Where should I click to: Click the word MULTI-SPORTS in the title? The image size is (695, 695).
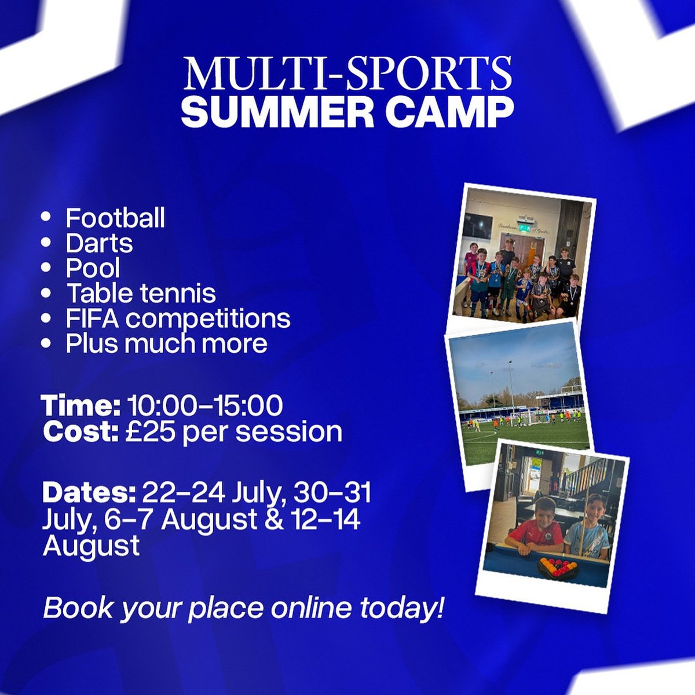(x=349, y=74)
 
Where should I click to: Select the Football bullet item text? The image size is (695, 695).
(x=115, y=218)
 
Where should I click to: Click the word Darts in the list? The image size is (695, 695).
(x=99, y=243)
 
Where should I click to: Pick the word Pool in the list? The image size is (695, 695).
(x=93, y=268)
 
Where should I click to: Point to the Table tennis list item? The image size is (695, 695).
(x=141, y=292)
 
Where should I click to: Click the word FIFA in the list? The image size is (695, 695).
(x=92, y=318)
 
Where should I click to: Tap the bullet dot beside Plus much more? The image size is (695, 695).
(x=46, y=343)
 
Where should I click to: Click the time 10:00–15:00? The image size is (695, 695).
(x=205, y=406)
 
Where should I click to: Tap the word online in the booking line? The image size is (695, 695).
(x=311, y=608)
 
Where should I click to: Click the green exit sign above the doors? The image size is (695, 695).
(x=524, y=227)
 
